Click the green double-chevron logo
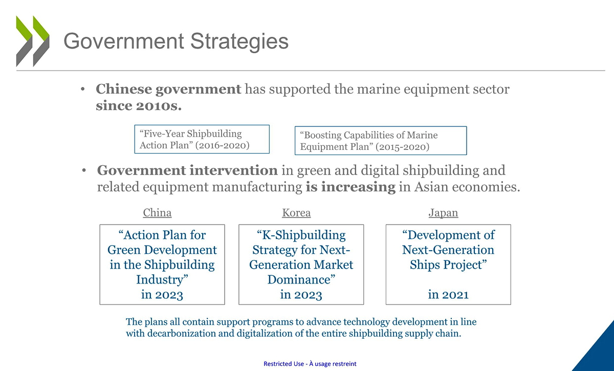tap(33, 41)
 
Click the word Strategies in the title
tap(239, 41)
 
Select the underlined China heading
tap(158, 213)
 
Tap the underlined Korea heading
tap(296, 213)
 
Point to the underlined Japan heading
tap(443, 213)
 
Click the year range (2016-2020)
tap(222, 145)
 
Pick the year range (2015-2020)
tap(402, 147)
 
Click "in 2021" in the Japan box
tap(448, 295)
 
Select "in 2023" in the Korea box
tap(301, 295)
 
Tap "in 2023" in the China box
tap(162, 295)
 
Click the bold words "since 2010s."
tap(139, 106)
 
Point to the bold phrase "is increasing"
tap(350, 187)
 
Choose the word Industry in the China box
tap(160, 280)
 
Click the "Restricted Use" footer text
tap(283, 364)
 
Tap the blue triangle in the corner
tap(599, 354)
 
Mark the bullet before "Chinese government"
tap(83, 89)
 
